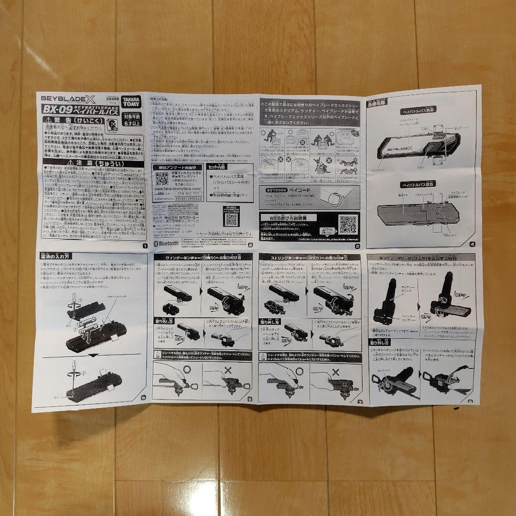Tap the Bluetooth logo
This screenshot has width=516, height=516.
(x=165, y=243)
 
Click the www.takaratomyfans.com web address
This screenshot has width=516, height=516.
(x=177, y=188)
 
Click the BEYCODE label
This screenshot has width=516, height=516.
(x=271, y=190)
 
